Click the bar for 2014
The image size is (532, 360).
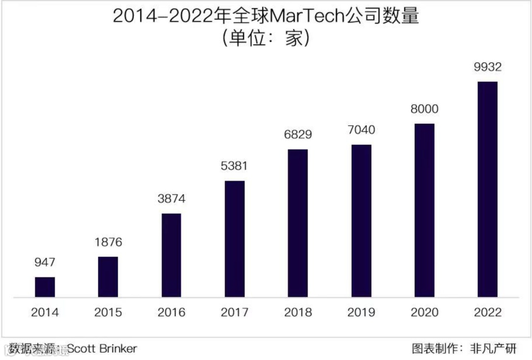pyautogui.click(x=45, y=287)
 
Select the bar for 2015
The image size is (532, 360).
pyautogui.click(x=108, y=277)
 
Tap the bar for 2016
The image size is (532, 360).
pyautogui.click(x=171, y=255)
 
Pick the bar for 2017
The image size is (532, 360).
pyautogui.click(x=234, y=239)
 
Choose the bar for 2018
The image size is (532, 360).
pyautogui.click(x=298, y=223)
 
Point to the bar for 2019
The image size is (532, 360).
pyautogui.click(x=361, y=221)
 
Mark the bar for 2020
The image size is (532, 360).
pyautogui.click(x=424, y=210)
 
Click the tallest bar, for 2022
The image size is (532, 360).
pyautogui.click(x=488, y=189)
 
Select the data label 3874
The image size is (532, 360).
pyautogui.click(x=171, y=199)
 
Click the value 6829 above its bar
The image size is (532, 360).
pyautogui.click(x=298, y=134)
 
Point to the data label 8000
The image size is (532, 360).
pyautogui.click(x=424, y=109)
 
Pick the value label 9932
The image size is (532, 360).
pyautogui.click(x=488, y=67)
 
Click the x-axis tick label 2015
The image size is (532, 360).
pyautogui.click(x=108, y=312)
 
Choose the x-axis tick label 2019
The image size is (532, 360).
pyautogui.click(x=361, y=312)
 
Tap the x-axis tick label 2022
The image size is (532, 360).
pyautogui.click(x=488, y=312)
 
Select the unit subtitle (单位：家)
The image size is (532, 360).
pyautogui.click(x=266, y=38)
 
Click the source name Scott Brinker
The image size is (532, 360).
pyautogui.click(x=102, y=349)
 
